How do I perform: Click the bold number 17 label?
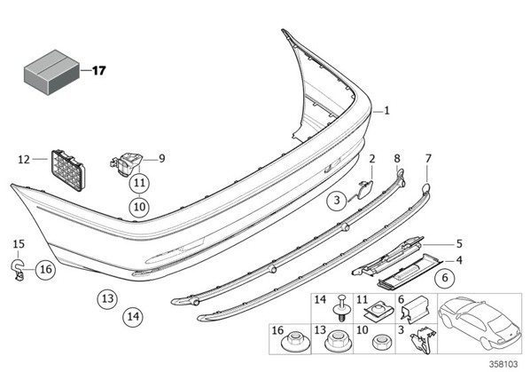pyautogui.click(x=99, y=71)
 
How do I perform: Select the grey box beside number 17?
pyautogui.click(x=51, y=72)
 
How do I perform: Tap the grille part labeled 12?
pyautogui.click(x=67, y=170)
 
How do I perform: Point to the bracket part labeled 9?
pyautogui.click(x=127, y=163)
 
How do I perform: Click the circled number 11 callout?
pyautogui.click(x=139, y=183)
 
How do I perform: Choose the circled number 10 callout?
pyautogui.click(x=139, y=207)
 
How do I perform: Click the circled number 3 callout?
pyautogui.click(x=337, y=201)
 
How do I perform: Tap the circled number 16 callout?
pyautogui.click(x=46, y=269)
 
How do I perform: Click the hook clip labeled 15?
pyautogui.click(x=18, y=270)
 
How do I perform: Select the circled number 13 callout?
pyautogui.click(x=107, y=299)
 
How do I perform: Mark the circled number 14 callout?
pyautogui.click(x=133, y=317)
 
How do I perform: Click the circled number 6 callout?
pyautogui.click(x=445, y=278)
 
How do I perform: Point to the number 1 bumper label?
pyautogui.click(x=387, y=111)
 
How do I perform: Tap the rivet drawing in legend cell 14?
pyautogui.click(x=341, y=308)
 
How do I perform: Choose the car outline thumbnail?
pyautogui.click(x=479, y=322)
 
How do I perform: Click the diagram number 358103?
pyautogui.click(x=504, y=364)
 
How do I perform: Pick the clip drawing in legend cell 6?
pyautogui.click(x=414, y=311)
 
